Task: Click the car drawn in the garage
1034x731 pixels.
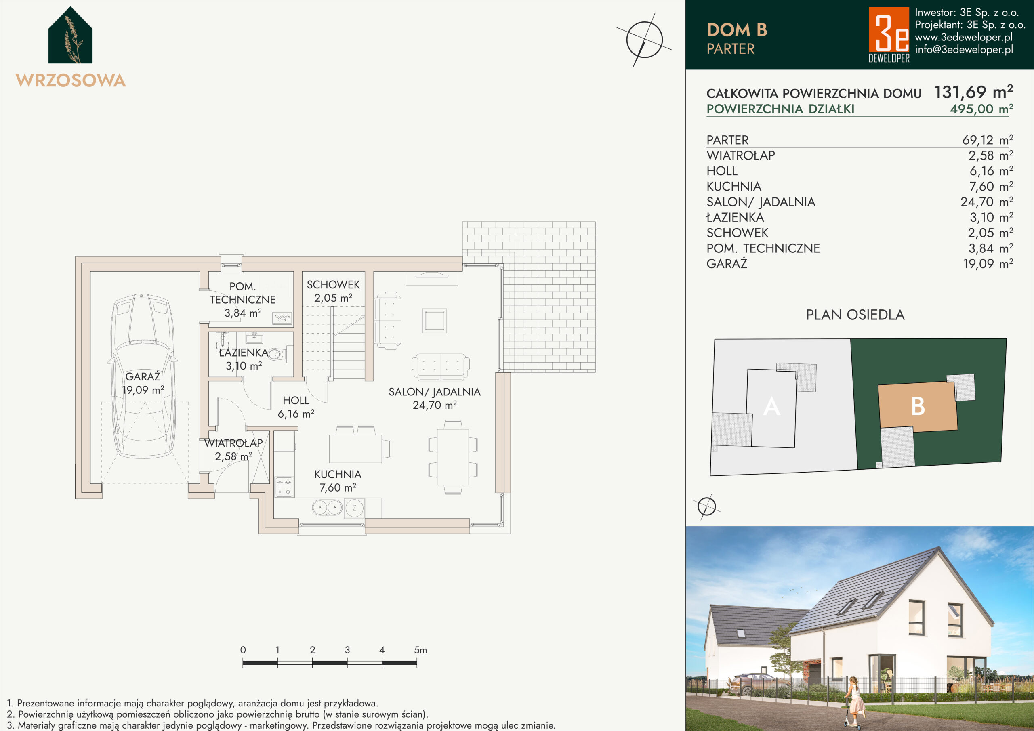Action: point(142,376)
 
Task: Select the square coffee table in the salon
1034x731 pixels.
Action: point(435,321)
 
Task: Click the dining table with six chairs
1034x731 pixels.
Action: point(453,457)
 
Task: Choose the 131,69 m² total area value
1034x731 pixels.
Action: point(973,92)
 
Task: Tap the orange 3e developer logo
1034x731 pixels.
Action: point(889,34)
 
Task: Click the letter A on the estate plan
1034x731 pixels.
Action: point(771,406)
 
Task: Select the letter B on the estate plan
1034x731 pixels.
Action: point(918,406)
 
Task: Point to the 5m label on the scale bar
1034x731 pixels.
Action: point(420,650)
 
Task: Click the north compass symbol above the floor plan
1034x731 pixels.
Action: point(645,40)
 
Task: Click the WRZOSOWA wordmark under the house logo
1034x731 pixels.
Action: point(71,80)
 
